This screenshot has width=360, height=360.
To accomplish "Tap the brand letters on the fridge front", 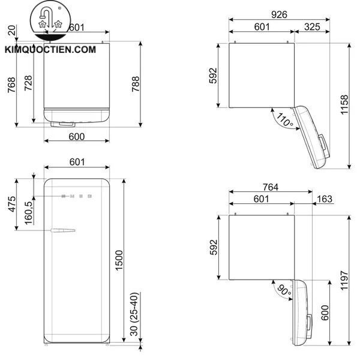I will pyautogui.click(x=77, y=196).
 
